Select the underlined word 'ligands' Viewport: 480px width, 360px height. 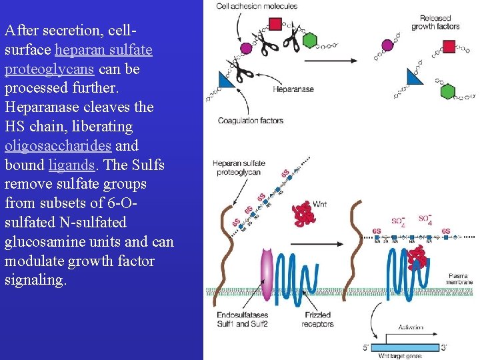71,165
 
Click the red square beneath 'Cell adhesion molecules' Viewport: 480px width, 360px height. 275,25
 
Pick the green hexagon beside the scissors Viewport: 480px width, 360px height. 309,40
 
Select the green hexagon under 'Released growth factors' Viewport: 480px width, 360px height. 447,91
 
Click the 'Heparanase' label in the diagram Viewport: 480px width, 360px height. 293,89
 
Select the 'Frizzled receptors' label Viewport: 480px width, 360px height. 318,319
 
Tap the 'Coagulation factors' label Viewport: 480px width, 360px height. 250,121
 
